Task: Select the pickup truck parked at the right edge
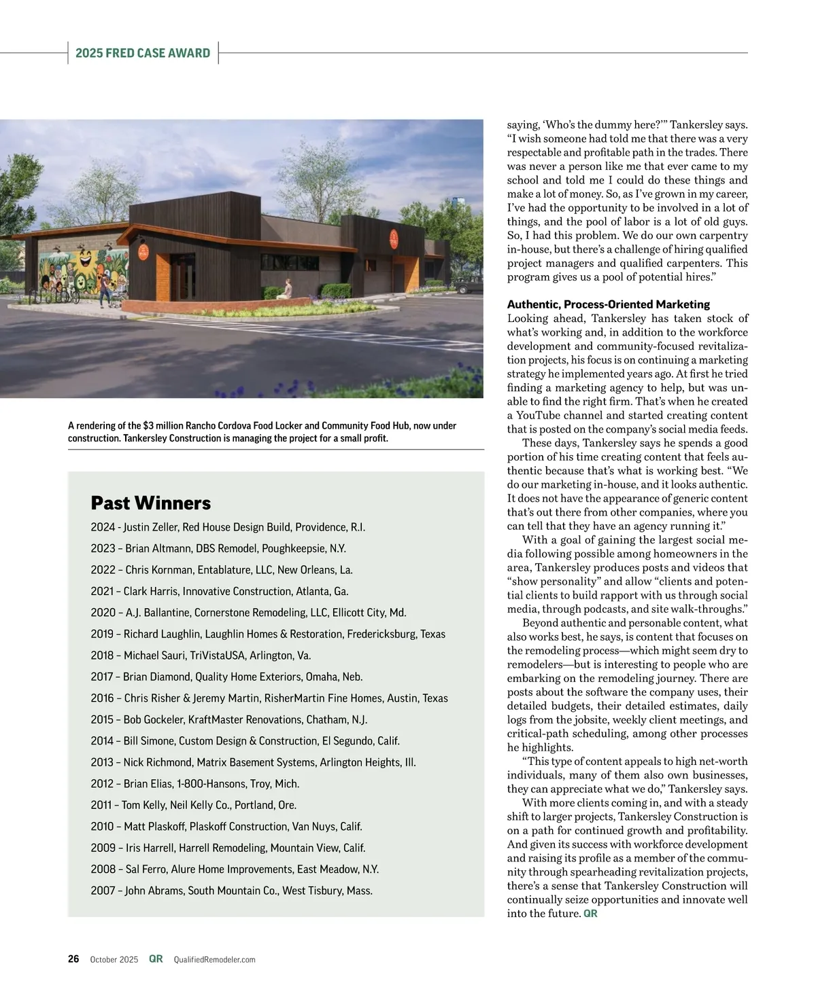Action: click(x=469, y=287)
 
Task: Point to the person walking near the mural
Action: click(x=105, y=289)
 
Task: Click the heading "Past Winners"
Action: click(x=150, y=503)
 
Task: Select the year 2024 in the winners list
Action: click(x=103, y=527)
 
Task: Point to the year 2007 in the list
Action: click(x=103, y=891)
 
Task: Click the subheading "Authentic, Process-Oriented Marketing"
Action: click(x=608, y=304)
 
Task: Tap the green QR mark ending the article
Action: click(x=590, y=914)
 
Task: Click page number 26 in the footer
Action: click(x=73, y=959)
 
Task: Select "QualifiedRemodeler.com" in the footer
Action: click(x=214, y=960)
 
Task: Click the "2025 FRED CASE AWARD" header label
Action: click(x=143, y=53)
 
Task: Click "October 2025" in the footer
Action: click(x=114, y=960)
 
